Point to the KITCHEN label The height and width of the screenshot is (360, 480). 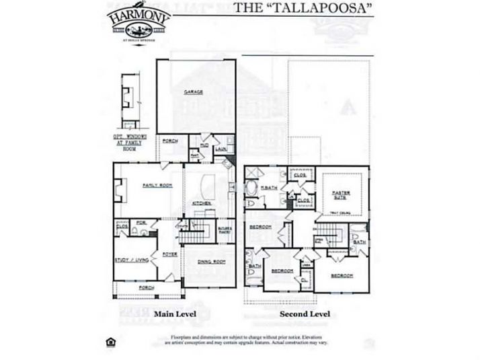click(x=202, y=203)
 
